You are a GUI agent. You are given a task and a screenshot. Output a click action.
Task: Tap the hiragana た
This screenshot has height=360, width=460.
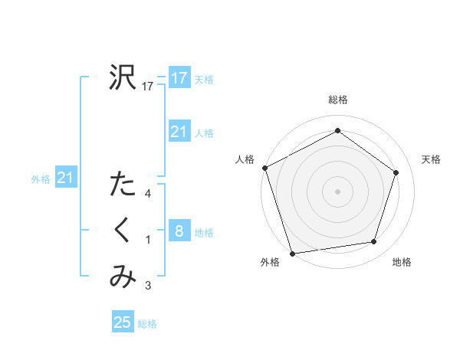pyautogui.click(x=123, y=184)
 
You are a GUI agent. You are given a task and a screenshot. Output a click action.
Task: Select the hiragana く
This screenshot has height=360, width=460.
pyautogui.click(x=123, y=231)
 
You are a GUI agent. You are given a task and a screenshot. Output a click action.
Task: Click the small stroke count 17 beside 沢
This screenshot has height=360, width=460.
pyautogui.click(x=149, y=87)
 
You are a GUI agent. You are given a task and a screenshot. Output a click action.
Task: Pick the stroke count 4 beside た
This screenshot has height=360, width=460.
pyautogui.click(x=148, y=194)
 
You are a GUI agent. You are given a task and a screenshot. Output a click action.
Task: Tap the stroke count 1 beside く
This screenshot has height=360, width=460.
pyautogui.click(x=148, y=241)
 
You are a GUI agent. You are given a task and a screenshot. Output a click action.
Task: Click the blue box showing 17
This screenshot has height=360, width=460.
pyautogui.click(x=179, y=78)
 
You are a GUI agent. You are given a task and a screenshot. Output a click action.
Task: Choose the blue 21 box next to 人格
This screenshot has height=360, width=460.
pyautogui.click(x=179, y=133)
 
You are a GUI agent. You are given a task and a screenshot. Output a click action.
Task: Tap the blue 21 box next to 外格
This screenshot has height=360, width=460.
pyautogui.click(x=65, y=178)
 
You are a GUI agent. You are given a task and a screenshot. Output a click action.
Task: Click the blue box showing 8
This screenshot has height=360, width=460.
pyautogui.click(x=179, y=231)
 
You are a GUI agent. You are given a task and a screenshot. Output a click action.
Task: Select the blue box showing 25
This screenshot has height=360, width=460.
pyautogui.click(x=123, y=322)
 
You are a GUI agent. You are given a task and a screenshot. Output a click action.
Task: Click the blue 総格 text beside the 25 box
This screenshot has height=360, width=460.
pyautogui.click(x=148, y=324)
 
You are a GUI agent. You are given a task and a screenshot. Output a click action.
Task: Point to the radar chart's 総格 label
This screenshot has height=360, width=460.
pyautogui.click(x=337, y=100)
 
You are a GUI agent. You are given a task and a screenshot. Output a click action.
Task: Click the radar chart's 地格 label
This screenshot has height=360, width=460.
pyautogui.click(x=402, y=262)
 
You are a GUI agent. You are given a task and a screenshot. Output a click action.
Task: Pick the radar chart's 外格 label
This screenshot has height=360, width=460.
pyautogui.click(x=270, y=262)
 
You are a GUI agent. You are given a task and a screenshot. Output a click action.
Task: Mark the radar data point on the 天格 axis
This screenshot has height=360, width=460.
pyautogui.click(x=396, y=172)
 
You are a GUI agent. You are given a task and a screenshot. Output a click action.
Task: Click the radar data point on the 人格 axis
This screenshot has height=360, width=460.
pyautogui.click(x=264, y=168)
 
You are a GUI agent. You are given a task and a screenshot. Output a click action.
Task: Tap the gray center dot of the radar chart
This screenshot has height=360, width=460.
pyautogui.click(x=337, y=190)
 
